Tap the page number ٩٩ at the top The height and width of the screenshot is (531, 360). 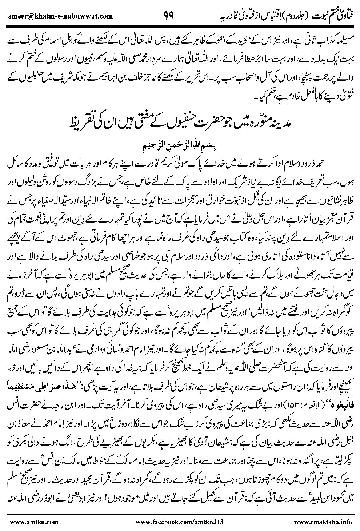[x=168, y=15]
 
